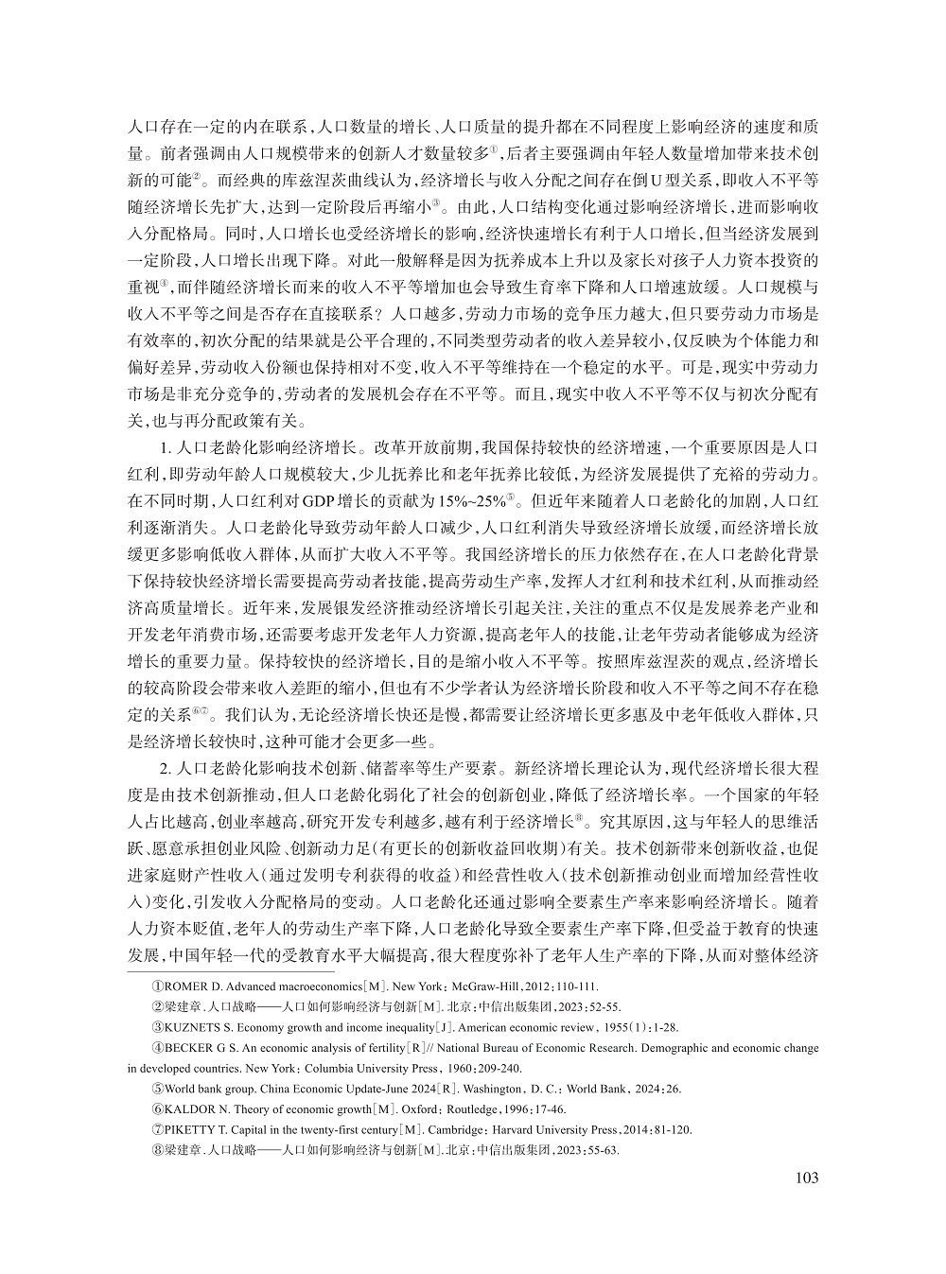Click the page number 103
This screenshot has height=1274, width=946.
coord(807,1178)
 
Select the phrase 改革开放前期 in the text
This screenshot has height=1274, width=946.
coord(427,448)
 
